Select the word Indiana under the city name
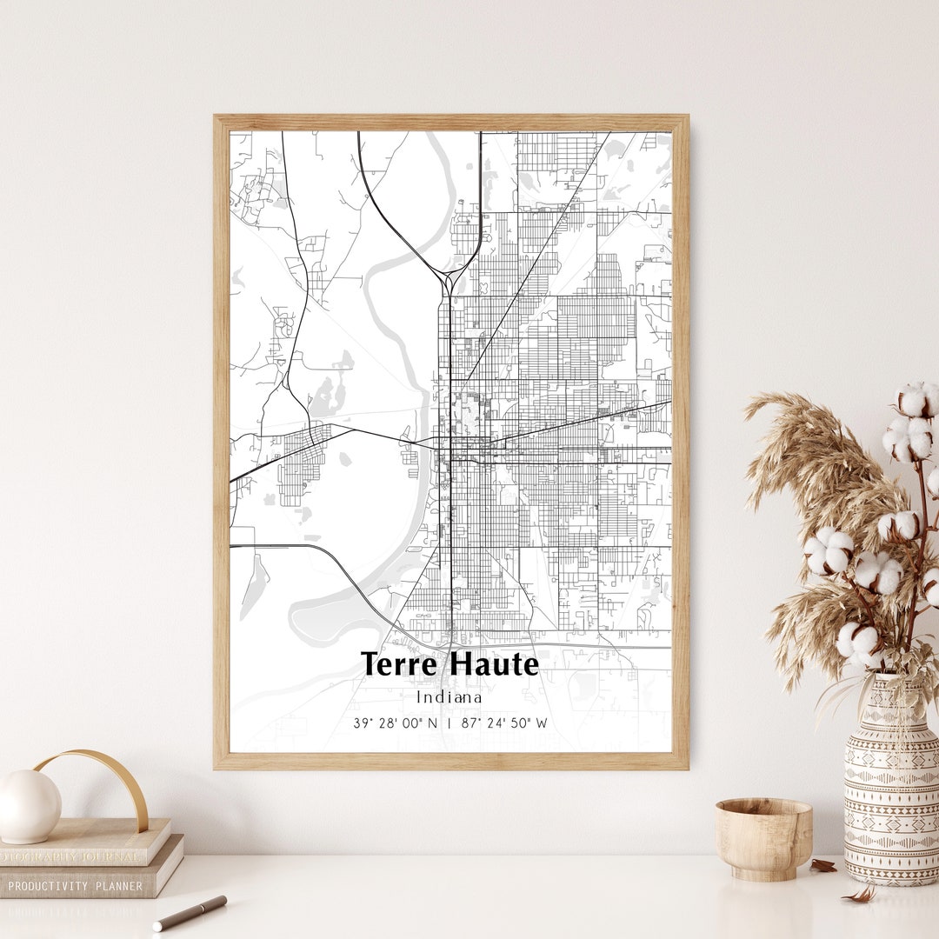click(x=449, y=697)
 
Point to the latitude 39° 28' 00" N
click(x=395, y=723)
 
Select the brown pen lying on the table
click(x=190, y=913)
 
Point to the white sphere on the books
click(x=30, y=807)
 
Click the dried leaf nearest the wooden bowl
click(x=822, y=865)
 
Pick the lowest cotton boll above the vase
click(x=857, y=642)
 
